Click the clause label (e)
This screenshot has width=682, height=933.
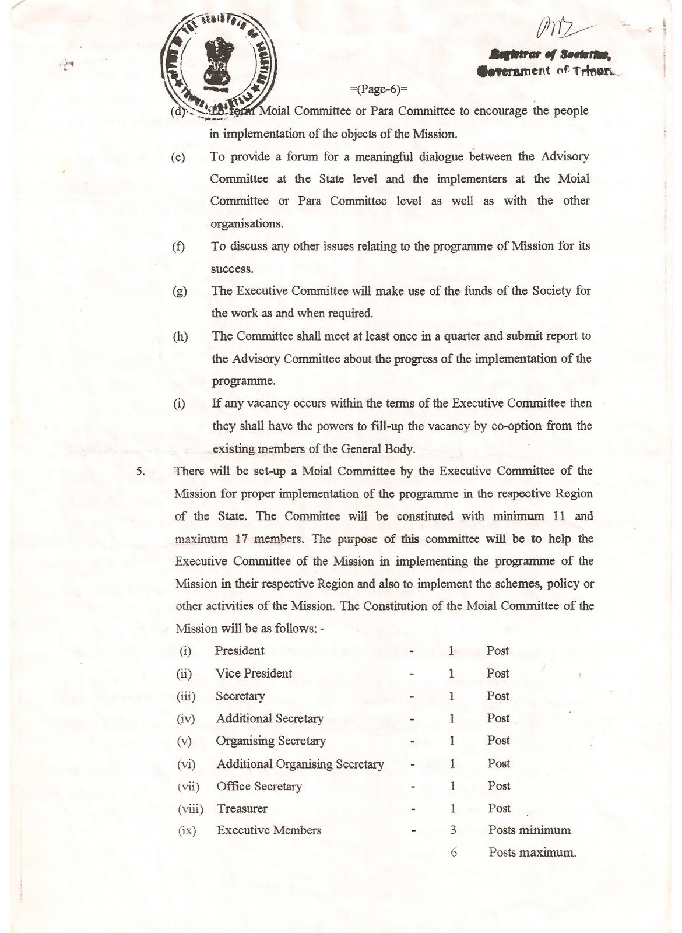tap(178, 158)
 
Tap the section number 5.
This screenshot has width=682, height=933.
tap(140, 471)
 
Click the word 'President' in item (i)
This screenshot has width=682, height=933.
tap(239, 651)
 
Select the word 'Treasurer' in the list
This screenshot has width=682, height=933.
tap(242, 809)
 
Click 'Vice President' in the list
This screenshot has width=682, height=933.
tap(254, 674)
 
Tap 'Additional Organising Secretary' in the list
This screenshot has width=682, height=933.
tap(300, 764)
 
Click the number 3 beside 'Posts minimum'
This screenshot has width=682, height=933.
tap(453, 830)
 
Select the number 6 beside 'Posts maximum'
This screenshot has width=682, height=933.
tap(454, 853)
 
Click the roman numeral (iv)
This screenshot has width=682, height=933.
tap(185, 719)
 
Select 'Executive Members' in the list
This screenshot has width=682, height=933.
tap(269, 830)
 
